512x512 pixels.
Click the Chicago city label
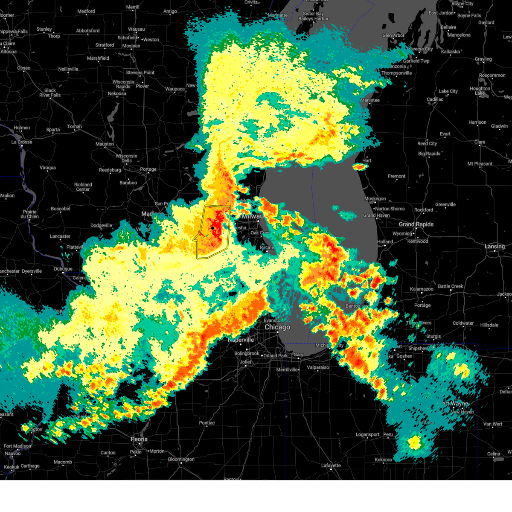click(x=277, y=327)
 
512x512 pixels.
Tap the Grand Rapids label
click(x=416, y=224)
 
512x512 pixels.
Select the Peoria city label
click(x=139, y=439)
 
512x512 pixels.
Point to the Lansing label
click(x=495, y=247)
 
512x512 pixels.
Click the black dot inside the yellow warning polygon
click(x=212, y=228)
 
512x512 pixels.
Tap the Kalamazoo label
click(x=422, y=289)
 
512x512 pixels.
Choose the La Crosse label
click(x=22, y=142)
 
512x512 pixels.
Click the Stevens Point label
click(x=140, y=73)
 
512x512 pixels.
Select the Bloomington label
click(x=181, y=460)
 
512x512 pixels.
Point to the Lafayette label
click(x=331, y=465)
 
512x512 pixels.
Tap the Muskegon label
click(x=375, y=199)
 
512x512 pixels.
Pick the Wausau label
click(x=137, y=29)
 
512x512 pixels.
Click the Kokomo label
click(x=384, y=460)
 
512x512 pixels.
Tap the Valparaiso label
click(x=318, y=367)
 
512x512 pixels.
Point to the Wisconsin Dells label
click(x=126, y=158)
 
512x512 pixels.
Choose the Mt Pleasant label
click(x=480, y=164)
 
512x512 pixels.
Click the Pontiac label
click(x=207, y=423)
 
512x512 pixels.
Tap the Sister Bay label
click(x=313, y=14)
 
